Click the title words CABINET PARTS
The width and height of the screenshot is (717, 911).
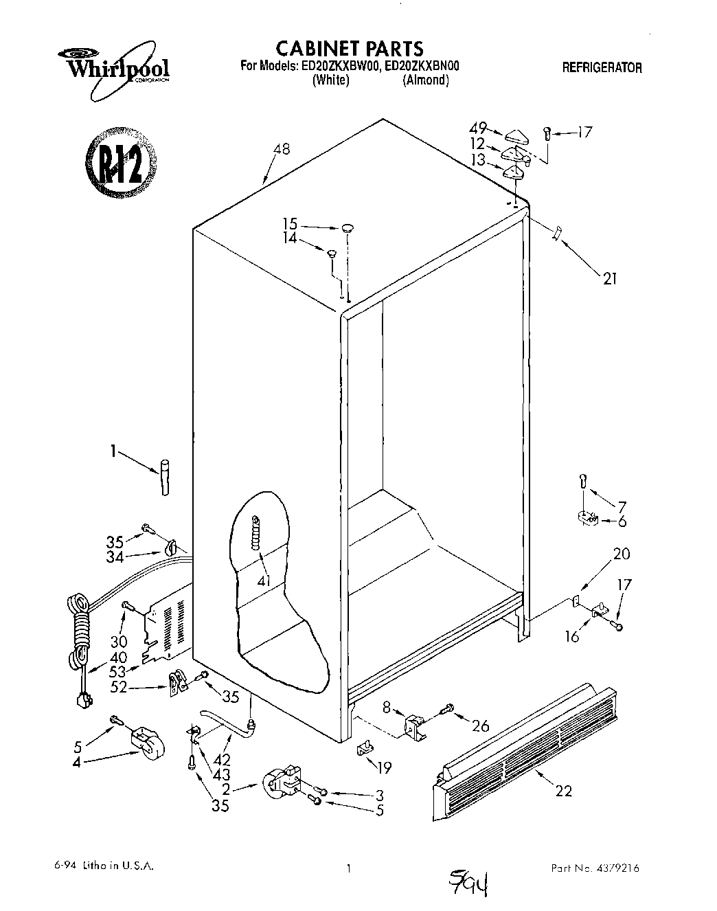[x=349, y=48]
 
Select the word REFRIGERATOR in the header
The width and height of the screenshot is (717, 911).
[x=602, y=67]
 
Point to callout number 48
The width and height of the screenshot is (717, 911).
[x=281, y=149]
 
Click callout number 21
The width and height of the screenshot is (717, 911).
[x=609, y=278]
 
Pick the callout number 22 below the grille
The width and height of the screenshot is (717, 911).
[x=563, y=791]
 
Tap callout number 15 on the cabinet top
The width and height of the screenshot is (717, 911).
[x=290, y=223]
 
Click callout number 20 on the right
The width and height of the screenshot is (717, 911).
[x=622, y=554]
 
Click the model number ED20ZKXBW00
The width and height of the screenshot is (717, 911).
[x=342, y=67]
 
